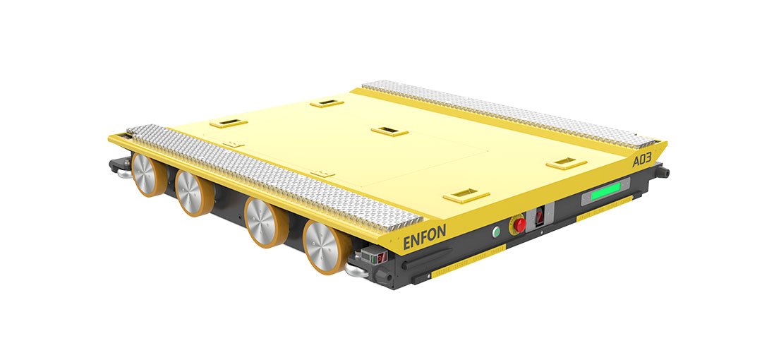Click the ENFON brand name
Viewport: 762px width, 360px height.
(x=424, y=237)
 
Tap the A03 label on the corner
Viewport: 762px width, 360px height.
(x=641, y=159)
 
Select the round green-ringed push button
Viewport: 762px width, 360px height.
(x=496, y=232)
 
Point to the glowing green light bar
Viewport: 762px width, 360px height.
(x=605, y=191)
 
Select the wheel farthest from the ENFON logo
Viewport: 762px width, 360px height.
(x=147, y=174)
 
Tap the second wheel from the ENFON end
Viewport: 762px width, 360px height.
(x=265, y=222)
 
